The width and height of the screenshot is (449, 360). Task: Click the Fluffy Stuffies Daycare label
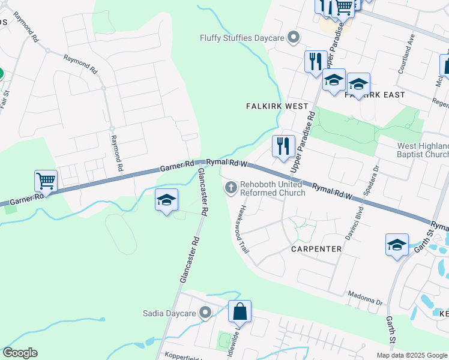[242, 38]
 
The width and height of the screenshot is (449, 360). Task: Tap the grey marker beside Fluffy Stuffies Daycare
[294, 38]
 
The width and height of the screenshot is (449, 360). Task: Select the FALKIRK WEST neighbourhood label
[277, 106]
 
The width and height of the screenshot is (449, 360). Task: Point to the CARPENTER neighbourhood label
[316, 248]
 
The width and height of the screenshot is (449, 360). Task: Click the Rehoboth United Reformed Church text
[273, 188]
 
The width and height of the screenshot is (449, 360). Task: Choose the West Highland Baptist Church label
[423, 150]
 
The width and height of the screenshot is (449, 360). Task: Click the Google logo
[20, 353]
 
